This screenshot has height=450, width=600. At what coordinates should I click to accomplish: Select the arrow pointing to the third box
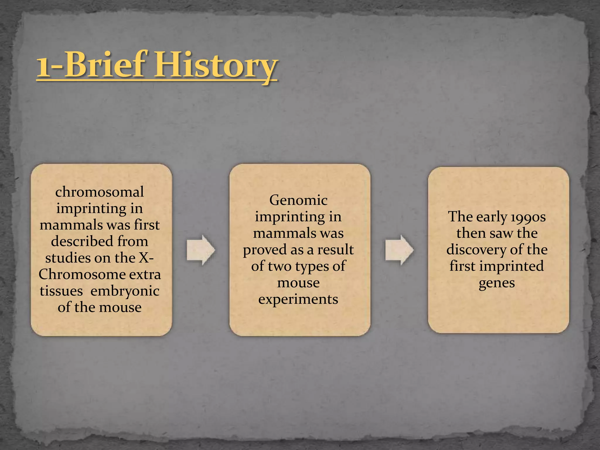tap(399, 250)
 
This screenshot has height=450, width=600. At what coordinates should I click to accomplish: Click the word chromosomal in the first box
tap(100, 192)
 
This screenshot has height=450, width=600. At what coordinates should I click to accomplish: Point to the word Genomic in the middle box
tap(298, 200)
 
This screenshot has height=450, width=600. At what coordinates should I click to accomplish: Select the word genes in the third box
tap(497, 283)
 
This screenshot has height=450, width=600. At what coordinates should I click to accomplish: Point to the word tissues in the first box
tap(61, 291)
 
